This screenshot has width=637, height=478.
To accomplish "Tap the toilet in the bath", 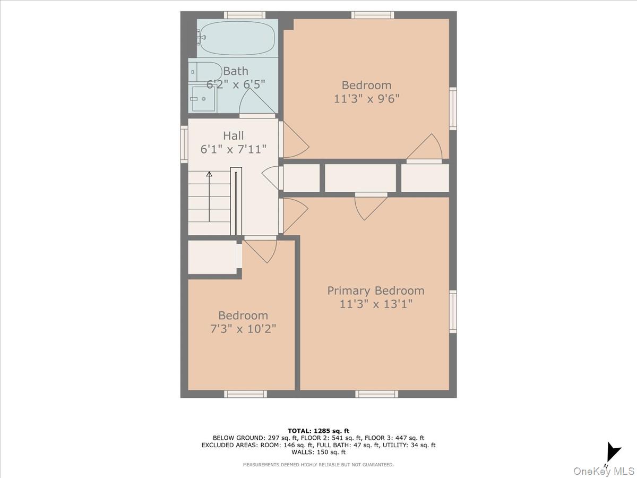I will click(206, 71).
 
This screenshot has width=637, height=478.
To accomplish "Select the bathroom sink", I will click(203, 99).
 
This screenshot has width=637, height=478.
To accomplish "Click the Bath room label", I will click(236, 71).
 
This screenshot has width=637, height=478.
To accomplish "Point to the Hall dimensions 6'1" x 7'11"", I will click(233, 149).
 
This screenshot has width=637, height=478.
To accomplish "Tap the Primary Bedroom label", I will click(375, 291).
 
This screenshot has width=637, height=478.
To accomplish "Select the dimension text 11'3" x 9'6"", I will click(366, 98).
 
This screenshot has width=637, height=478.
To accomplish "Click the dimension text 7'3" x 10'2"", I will click(243, 329).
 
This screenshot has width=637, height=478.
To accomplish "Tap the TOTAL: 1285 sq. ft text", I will click(318, 431).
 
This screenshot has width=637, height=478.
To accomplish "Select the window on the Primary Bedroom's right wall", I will click(453, 312).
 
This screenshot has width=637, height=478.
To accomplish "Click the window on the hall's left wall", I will click(184, 144).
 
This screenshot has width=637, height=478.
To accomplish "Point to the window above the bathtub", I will click(244, 15).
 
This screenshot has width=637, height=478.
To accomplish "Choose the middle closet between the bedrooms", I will click(360, 178).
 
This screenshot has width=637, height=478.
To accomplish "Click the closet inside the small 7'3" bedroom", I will click(212, 258).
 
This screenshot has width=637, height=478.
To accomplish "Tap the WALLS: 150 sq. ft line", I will click(318, 453).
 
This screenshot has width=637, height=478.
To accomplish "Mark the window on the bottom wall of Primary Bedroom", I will click(376, 394).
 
